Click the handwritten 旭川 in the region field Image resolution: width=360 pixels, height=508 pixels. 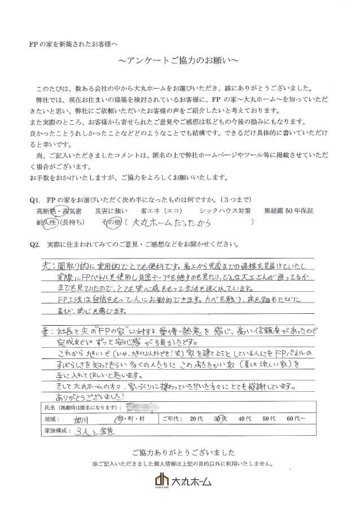tap(81, 420)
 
